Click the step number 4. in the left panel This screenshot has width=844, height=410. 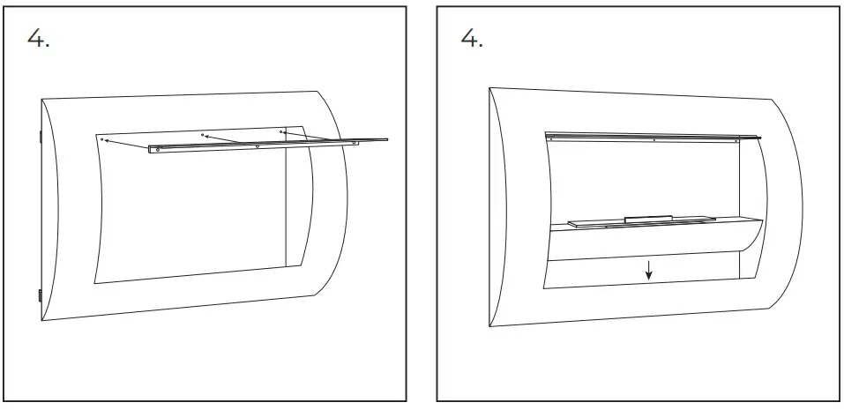[x=38, y=40]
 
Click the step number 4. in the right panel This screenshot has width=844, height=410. [x=472, y=40]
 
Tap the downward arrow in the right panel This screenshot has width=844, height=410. [x=649, y=270]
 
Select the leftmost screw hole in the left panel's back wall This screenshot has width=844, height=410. [x=103, y=138]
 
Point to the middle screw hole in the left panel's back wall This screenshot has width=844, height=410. [x=204, y=135]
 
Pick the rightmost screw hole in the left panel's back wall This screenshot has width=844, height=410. [x=281, y=131]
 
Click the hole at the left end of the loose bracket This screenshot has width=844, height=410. [x=158, y=150]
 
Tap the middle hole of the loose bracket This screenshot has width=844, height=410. [x=257, y=145]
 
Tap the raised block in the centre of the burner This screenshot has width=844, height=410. [x=647, y=217]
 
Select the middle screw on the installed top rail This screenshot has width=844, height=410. [x=654, y=139]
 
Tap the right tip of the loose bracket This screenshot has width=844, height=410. [x=386, y=138]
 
